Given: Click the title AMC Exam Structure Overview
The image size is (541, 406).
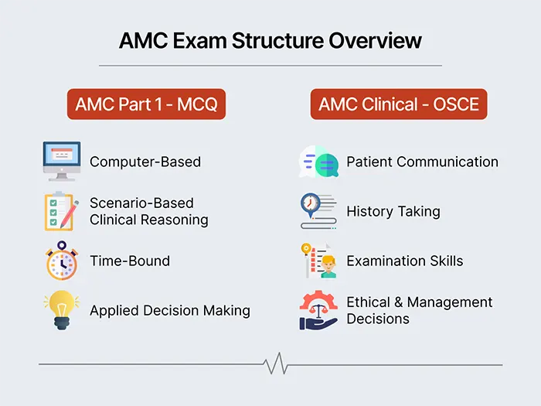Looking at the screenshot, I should tap(270, 40).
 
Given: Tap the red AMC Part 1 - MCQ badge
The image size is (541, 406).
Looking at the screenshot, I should tap(146, 104).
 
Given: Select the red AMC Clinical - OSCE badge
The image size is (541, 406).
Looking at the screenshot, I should tap(399, 104).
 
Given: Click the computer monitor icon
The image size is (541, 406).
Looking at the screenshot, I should tap(62, 161).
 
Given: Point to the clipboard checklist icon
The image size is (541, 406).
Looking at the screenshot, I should tap(62, 211).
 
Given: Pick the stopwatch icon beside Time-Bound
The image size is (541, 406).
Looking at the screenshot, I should tap(62, 261).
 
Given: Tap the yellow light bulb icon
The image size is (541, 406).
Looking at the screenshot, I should tap(62, 309).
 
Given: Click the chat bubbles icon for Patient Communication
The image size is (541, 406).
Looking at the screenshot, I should tap(318, 162).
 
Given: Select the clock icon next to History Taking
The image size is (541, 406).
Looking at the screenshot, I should tap(318, 210).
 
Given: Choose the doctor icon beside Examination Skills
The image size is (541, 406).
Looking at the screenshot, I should tap(318, 261).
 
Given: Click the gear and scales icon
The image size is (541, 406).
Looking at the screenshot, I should tap(318, 309).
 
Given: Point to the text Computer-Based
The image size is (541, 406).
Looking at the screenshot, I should tap(145, 162).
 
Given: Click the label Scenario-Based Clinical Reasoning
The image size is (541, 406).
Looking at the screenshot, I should tap(149, 211).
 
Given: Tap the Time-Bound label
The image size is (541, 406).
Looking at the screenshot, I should tap(129, 261).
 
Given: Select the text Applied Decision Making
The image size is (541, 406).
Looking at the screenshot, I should tap(170, 310).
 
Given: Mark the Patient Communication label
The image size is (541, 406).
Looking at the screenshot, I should tap(422, 162).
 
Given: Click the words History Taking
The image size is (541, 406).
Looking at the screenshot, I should tap(393, 211).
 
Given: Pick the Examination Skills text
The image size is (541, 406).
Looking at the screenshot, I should tap(405, 261).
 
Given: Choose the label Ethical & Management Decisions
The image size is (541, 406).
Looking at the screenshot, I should tap(420, 310).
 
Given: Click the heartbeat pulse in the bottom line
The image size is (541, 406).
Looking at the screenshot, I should tap(272, 363).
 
